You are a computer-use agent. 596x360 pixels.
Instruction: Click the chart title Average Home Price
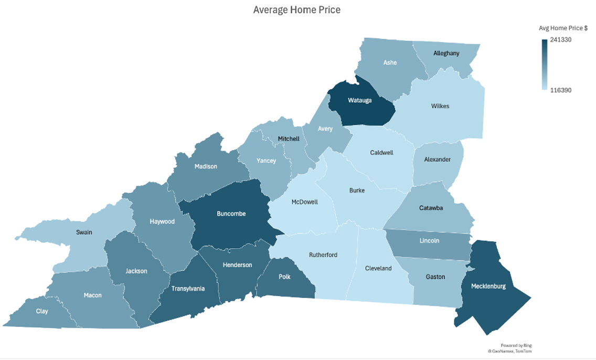click(x=296, y=10)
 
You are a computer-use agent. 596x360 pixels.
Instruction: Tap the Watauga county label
click(x=359, y=100)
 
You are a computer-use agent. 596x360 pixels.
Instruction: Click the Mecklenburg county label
click(x=488, y=286)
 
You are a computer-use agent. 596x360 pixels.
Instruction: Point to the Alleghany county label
click(x=446, y=54)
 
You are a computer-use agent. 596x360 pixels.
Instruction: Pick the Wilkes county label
click(x=440, y=106)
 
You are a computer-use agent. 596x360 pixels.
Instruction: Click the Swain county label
click(x=84, y=232)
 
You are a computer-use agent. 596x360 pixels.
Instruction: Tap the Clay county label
click(x=42, y=311)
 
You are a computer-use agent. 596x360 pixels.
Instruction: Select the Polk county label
click(x=285, y=277)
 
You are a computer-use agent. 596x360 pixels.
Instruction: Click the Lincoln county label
click(x=429, y=241)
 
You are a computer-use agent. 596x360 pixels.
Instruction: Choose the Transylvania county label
click(x=188, y=289)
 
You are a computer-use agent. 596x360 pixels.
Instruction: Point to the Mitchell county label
click(x=289, y=139)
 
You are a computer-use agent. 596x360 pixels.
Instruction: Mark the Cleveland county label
click(x=378, y=268)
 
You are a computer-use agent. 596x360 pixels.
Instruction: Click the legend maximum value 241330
click(x=560, y=40)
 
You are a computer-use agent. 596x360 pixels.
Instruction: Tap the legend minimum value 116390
click(x=560, y=90)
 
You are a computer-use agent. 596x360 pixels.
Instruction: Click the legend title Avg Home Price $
click(x=563, y=28)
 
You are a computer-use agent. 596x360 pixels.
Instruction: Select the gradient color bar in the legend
click(x=544, y=65)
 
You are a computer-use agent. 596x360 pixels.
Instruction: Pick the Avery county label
click(x=325, y=129)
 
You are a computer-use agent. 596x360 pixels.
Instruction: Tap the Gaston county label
click(x=435, y=277)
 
